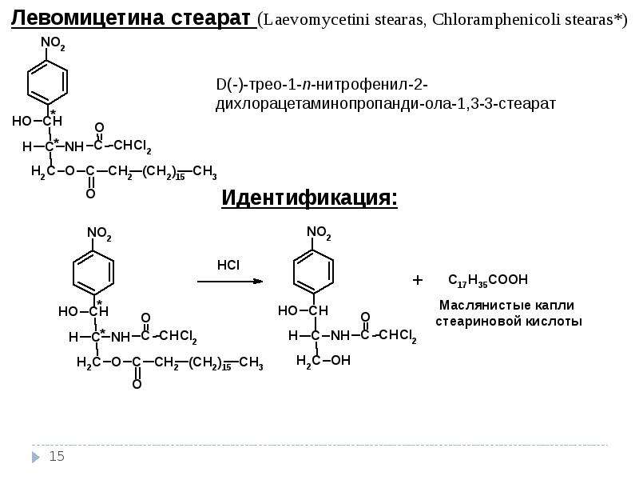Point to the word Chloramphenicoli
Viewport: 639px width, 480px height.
point(495,19)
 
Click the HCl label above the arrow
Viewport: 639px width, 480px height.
point(228,266)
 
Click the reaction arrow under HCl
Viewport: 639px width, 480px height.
point(230,282)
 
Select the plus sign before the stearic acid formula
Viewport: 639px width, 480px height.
point(417,280)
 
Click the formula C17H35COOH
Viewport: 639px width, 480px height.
point(488,281)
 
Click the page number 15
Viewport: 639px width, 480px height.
point(57,456)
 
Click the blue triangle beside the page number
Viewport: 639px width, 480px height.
point(36,457)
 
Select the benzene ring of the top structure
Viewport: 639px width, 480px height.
point(47,82)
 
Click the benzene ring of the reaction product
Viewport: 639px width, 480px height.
point(313,271)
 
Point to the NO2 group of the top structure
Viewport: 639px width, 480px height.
point(53,43)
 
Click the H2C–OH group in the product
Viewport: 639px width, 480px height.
point(323,361)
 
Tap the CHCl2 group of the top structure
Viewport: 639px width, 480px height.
point(133,146)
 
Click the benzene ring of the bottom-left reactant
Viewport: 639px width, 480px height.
point(93,272)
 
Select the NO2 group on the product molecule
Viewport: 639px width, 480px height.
point(319,233)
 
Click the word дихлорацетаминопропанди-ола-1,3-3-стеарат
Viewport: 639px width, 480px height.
point(386,104)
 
